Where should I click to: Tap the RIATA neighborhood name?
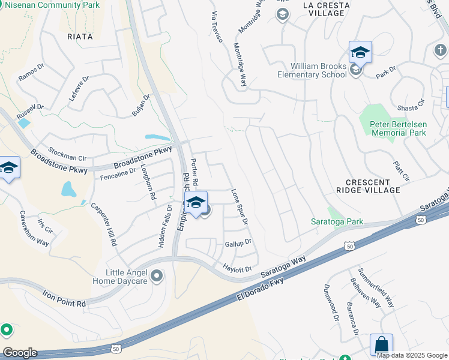pyautogui.click(x=80, y=36)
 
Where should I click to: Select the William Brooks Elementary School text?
pyautogui.click(x=312, y=70)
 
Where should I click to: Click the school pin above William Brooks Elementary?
pyautogui.click(x=360, y=52)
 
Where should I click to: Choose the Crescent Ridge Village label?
pyautogui.click(x=373, y=186)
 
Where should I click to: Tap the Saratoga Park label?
pyautogui.click(x=337, y=221)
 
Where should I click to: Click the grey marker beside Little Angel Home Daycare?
pyautogui.click(x=157, y=276)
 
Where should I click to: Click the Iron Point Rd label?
pyautogui.click(x=64, y=299)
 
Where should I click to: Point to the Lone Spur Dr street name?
pyautogui.click(x=240, y=207)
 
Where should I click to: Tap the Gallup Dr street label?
pyautogui.click(x=237, y=243)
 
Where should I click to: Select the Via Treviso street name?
pyautogui.click(x=217, y=26)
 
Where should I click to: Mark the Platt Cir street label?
pyautogui.click(x=402, y=170)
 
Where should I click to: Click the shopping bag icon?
pyautogui.click(x=381, y=345)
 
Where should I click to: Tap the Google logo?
pyautogui.click(x=20, y=353)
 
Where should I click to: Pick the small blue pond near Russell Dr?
pyautogui.click(x=25, y=124)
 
